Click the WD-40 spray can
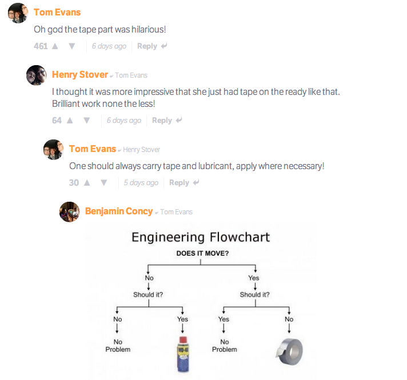182,353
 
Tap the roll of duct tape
288,350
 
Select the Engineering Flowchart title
201,237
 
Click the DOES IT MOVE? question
202,253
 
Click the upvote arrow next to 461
55,46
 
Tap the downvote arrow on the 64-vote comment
87,121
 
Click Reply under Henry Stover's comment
162,121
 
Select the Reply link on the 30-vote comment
179,183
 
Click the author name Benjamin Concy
119,211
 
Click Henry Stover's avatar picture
36,75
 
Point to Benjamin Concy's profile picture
69,211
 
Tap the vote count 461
41,46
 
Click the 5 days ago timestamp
141,183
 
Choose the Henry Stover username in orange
80,75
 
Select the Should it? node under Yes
254,295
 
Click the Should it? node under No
148,295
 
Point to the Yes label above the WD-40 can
182,319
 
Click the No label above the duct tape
289,319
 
